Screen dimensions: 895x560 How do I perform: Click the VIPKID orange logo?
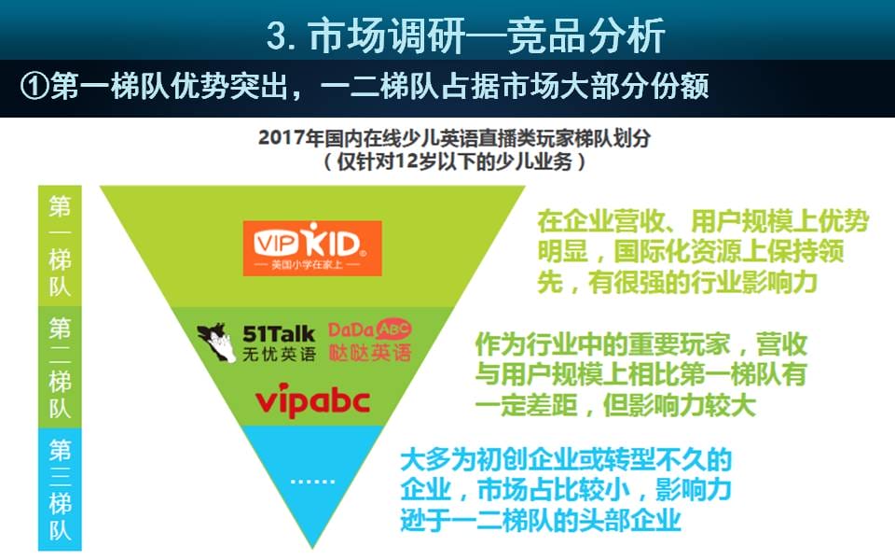(x=312, y=248)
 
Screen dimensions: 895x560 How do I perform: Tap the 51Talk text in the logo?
(x=279, y=334)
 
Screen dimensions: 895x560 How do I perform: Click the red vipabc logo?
(x=312, y=400)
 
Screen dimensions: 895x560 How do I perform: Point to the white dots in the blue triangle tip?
(x=312, y=482)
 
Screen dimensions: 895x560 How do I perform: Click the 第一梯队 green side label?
(x=60, y=245)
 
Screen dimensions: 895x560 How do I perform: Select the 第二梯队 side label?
(x=60, y=367)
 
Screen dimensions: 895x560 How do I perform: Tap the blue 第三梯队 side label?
(x=60, y=489)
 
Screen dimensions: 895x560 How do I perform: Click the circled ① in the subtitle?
(x=34, y=86)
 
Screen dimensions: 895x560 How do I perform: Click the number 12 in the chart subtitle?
(x=406, y=161)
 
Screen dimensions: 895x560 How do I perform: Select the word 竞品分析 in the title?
(x=586, y=35)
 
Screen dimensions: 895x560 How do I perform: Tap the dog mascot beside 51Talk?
(x=216, y=343)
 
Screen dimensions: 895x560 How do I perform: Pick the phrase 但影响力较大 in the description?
(x=680, y=405)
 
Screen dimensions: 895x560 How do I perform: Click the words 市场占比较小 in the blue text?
(x=553, y=490)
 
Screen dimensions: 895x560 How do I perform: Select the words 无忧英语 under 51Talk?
(x=279, y=355)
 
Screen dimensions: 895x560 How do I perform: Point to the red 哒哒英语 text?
(x=370, y=352)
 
